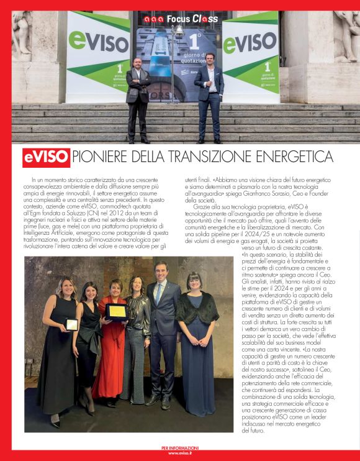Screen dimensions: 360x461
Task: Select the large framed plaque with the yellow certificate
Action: click(115, 311)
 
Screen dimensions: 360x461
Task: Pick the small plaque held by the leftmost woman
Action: click(72, 324)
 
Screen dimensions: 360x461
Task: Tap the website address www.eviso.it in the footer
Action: click(180, 453)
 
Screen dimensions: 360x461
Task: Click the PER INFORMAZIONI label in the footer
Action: click(180, 447)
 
